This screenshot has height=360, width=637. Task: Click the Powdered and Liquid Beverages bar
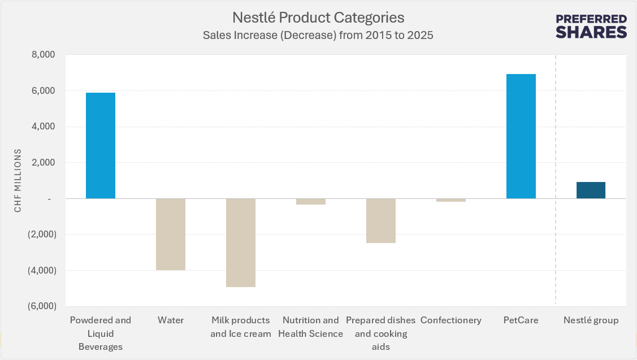[101, 145]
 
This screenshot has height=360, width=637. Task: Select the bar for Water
[171, 234]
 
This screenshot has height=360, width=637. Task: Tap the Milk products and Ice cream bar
[241, 242]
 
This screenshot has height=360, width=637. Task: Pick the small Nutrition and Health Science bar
[310, 201]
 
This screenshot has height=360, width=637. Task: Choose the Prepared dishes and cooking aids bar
[380, 220]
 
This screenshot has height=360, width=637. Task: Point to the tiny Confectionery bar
[450, 200]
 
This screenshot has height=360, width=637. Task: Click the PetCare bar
[521, 136]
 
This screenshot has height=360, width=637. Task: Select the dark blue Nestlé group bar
[591, 190]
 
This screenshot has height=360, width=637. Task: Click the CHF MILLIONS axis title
[18, 181]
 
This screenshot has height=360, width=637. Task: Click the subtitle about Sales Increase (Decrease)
[318, 35]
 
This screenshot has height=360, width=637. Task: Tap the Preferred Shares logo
[591, 26]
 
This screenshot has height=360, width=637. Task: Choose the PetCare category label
[521, 320]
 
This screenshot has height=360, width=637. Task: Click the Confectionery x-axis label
[450, 320]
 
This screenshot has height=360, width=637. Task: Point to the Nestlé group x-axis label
[591, 320]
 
